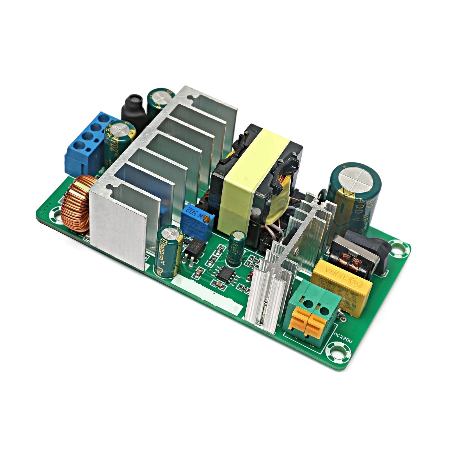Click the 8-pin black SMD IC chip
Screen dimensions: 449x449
coord(226,272)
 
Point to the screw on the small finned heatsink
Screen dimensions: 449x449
coord(296,252)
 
